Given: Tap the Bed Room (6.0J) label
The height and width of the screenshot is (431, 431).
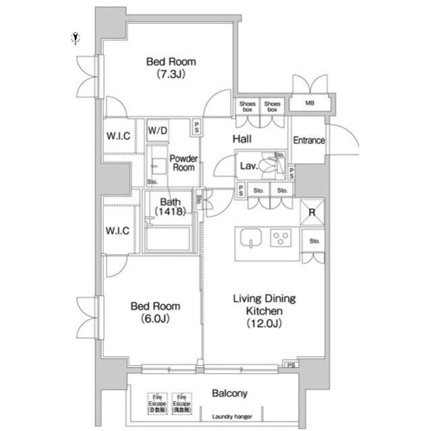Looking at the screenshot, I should coord(155,312).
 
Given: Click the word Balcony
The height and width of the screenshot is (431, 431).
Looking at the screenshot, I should coord(230,393).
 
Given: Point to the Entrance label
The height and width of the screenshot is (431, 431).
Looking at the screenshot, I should coord(309,141).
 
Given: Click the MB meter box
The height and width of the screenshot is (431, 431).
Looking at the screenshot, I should coord(310,104).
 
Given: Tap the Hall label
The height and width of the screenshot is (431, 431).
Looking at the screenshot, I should coord(242,139).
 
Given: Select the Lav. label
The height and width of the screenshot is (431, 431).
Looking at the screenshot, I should coord(246,166).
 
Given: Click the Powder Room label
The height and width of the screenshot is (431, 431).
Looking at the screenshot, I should coord(183,163).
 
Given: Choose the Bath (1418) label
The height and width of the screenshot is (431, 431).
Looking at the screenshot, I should coord(169,207).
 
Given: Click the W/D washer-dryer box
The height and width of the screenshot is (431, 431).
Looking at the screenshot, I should coord(158,130).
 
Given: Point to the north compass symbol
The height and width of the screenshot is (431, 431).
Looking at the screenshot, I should coord(76,38).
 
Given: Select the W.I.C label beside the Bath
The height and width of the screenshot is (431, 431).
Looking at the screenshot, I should coord(117,231).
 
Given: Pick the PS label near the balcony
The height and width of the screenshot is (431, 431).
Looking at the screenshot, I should coord(291,366).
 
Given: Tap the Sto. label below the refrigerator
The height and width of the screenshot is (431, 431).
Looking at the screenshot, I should coord(314,241).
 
